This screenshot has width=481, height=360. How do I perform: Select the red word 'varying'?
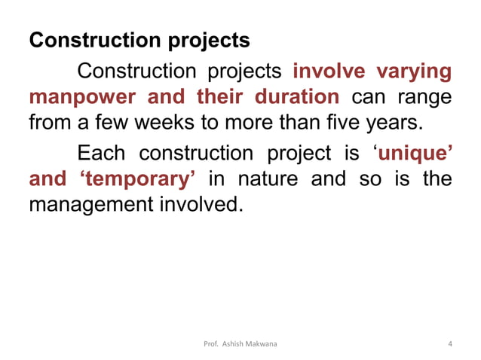pyautogui.click(x=413, y=72)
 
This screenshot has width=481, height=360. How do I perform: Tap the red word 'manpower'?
pyautogui.click(x=72, y=98)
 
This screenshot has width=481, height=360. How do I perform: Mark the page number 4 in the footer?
pyautogui.click(x=449, y=344)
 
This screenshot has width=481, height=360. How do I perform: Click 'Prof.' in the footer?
pyautogui.click(x=213, y=344)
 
